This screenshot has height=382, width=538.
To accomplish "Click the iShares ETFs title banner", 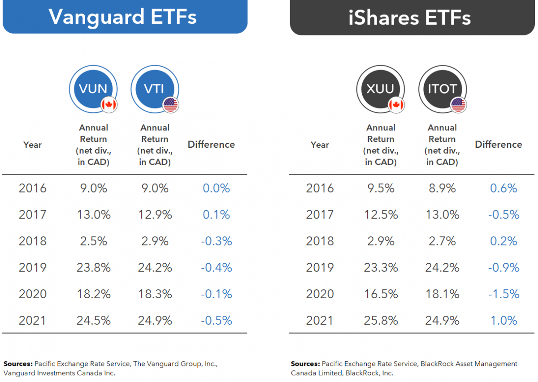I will pyautogui.click(x=410, y=17).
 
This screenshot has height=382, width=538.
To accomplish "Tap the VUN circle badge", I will pyautogui.click(x=93, y=89).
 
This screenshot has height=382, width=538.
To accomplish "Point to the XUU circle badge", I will pyautogui.click(x=380, y=89).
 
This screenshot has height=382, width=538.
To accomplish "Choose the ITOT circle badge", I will pyautogui.click(x=442, y=89).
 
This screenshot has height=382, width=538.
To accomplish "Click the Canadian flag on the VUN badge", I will pyautogui.click(x=108, y=105).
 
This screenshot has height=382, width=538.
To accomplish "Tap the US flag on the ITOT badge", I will pyautogui.click(x=458, y=105).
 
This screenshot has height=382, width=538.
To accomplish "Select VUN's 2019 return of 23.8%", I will pyautogui.click(x=93, y=267).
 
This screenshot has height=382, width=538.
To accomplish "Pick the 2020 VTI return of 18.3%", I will pyautogui.click(x=155, y=294).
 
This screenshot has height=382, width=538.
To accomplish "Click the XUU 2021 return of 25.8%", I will pyautogui.click(x=381, y=320).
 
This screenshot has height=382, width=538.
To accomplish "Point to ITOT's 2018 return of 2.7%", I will pyautogui.click(x=442, y=241).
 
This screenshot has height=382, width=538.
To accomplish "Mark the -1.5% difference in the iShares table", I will pyautogui.click(x=504, y=294).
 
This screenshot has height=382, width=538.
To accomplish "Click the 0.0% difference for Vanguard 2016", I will pyautogui.click(x=216, y=188).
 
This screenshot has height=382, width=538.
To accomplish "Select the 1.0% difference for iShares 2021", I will pyautogui.click(x=504, y=320).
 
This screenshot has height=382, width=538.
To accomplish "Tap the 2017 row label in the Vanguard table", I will pyautogui.click(x=32, y=215).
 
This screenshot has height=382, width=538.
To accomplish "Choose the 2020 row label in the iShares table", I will pyautogui.click(x=320, y=294).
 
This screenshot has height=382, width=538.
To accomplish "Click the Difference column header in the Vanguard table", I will pyautogui.click(x=211, y=144).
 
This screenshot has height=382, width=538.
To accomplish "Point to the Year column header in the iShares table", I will pyautogui.click(x=320, y=145).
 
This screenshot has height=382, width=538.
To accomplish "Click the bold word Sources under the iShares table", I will pyautogui.click(x=305, y=364).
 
